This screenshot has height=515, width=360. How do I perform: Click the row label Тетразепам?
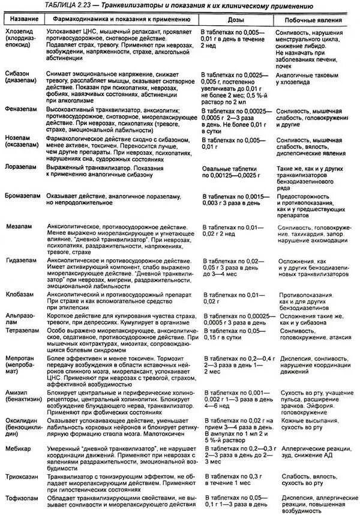[22, 330]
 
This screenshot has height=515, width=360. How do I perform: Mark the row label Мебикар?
[19, 448]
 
